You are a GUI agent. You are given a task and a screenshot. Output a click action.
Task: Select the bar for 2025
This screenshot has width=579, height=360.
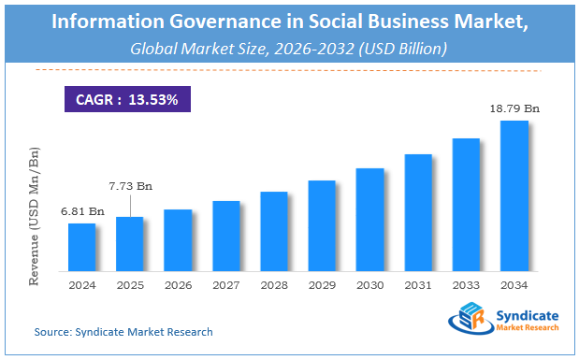(x=129, y=243)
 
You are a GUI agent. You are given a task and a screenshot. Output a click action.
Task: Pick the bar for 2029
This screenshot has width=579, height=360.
(x=322, y=225)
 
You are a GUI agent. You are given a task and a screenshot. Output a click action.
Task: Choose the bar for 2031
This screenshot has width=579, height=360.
(x=418, y=212)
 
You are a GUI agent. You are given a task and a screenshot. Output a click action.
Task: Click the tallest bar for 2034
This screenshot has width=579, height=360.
(x=514, y=195)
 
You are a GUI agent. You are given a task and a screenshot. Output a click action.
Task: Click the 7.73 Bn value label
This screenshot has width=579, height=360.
(x=130, y=187)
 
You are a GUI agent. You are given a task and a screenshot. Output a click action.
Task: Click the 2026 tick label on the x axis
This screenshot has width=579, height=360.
(x=178, y=285)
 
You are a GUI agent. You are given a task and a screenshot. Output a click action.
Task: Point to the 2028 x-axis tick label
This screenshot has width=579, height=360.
(x=274, y=285)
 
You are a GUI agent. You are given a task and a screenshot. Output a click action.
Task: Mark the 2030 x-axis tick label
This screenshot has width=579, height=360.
(x=370, y=285)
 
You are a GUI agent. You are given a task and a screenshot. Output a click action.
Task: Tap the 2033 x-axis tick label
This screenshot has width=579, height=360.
(x=466, y=285)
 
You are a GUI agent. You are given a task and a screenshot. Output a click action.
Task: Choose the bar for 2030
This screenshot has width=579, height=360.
(x=370, y=220)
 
